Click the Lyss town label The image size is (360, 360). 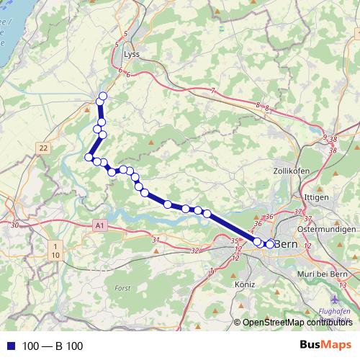click(x=132, y=54)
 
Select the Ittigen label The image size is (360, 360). click(x=318, y=196)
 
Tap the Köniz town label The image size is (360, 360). click(x=245, y=284)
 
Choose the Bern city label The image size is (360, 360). click(x=286, y=244)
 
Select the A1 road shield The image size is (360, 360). click(x=99, y=226)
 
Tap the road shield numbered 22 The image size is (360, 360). click(x=44, y=148)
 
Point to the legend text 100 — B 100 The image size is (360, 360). click(x=53, y=346)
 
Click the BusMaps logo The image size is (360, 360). click(x=325, y=346)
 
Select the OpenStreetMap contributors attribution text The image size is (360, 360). click(x=297, y=322)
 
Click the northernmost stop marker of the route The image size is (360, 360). click(x=103, y=96)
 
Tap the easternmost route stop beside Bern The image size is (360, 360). click(x=270, y=244)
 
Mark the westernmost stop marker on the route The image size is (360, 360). click(x=89, y=157)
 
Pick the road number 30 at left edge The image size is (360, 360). click(x=15, y=225)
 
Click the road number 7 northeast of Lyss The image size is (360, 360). click(x=213, y=90)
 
